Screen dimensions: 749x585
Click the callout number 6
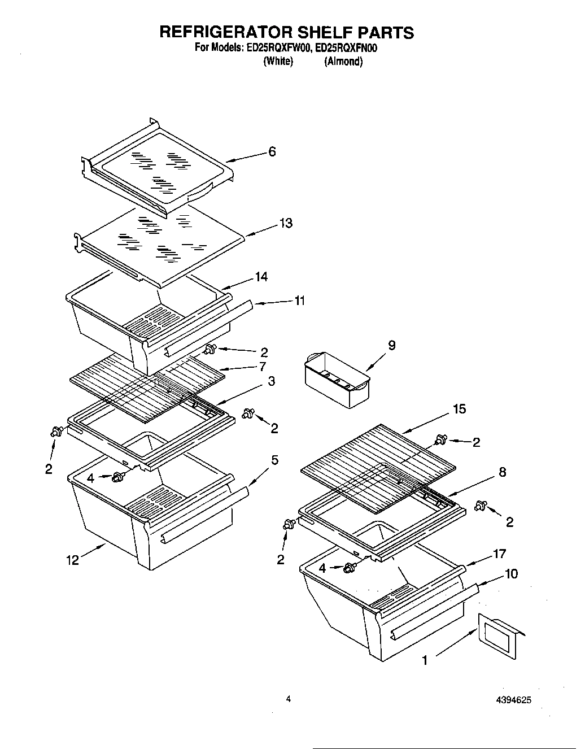click(x=272, y=152)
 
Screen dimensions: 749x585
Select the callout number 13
click(x=286, y=224)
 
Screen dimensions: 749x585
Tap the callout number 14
click(x=261, y=277)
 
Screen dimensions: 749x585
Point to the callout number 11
click(x=299, y=301)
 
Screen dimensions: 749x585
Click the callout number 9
click(x=391, y=345)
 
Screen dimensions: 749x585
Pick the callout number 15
click(x=460, y=409)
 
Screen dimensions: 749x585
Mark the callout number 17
click(x=500, y=554)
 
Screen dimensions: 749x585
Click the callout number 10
click(x=511, y=574)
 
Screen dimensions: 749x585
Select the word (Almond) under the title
click(x=343, y=62)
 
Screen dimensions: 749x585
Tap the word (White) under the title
click(x=278, y=62)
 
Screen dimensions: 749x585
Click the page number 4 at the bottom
click(x=288, y=699)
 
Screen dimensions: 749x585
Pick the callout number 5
click(x=274, y=460)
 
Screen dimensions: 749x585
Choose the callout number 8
click(x=502, y=473)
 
